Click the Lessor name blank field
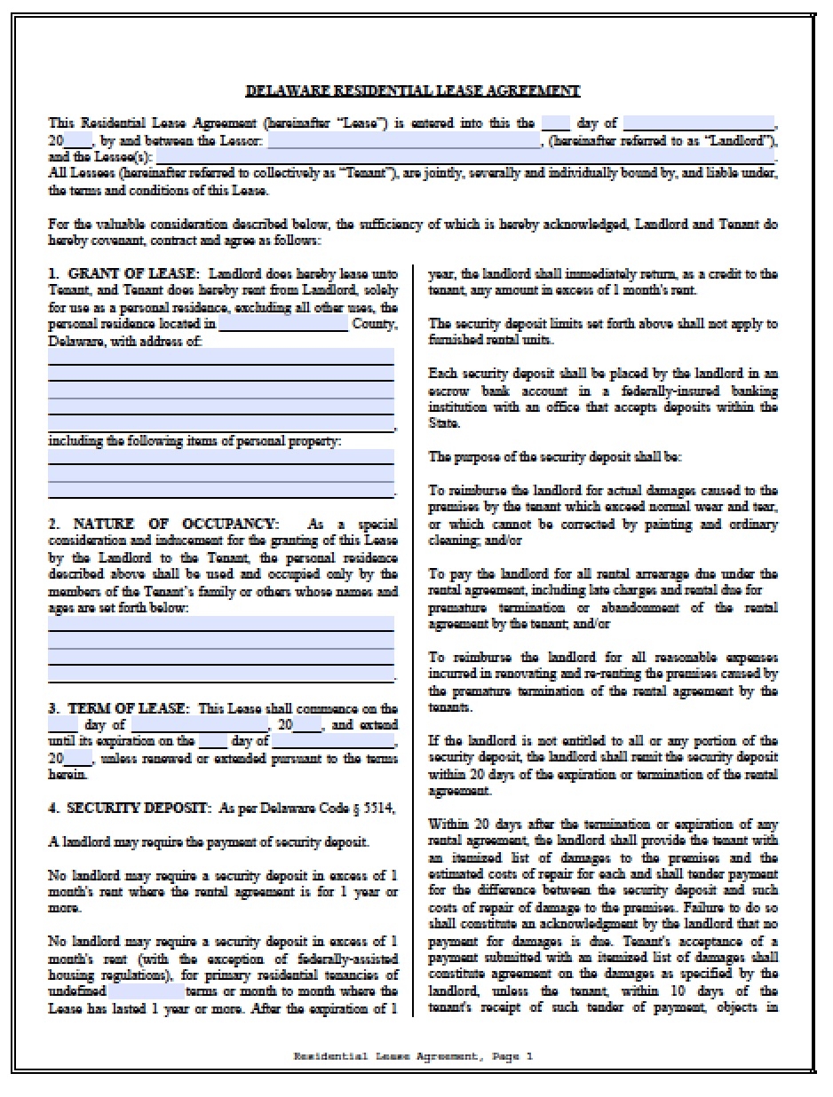tap(403, 141)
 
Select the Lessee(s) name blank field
tap(480, 157)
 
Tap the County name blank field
tap(282, 325)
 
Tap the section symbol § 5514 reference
tap(374, 809)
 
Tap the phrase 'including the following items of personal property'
tap(194, 441)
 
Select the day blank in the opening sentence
tap(555, 124)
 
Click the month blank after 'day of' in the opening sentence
tap(698, 124)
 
